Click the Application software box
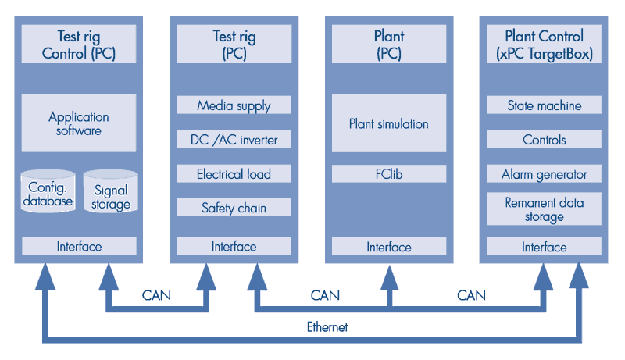(x=78, y=123)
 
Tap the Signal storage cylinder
(x=111, y=196)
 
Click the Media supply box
(x=234, y=105)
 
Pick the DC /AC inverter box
(x=234, y=140)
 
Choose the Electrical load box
(x=234, y=174)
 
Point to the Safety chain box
(x=234, y=208)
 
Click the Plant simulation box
(x=388, y=123)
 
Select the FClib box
(x=388, y=174)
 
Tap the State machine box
(x=544, y=105)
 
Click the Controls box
(x=544, y=140)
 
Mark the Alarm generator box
(x=544, y=174)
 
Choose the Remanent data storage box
(x=544, y=209)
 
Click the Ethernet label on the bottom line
(x=327, y=327)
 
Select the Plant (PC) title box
(x=388, y=45)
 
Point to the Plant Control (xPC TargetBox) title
(x=544, y=45)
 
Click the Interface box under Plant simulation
(x=388, y=247)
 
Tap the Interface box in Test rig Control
(x=78, y=246)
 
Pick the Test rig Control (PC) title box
(x=78, y=45)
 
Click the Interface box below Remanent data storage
(x=544, y=247)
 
